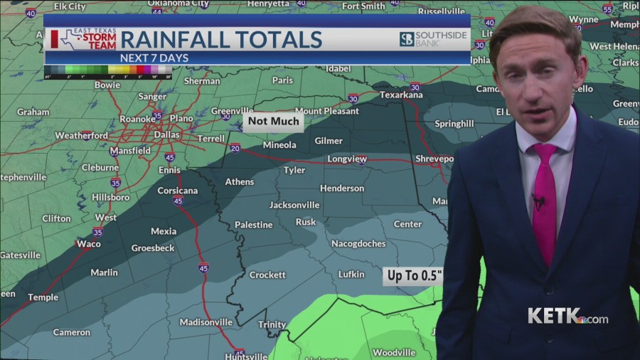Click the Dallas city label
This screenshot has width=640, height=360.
166,134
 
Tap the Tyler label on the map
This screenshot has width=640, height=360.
294,171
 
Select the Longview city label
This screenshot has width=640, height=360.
347,159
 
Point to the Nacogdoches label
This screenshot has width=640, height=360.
358,243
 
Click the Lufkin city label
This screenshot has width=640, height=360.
351,274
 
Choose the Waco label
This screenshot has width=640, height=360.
88,243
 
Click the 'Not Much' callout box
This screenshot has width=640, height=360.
274,122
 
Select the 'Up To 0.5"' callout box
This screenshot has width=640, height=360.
414,275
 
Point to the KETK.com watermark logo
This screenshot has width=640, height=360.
567,316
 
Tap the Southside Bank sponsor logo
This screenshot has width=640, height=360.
433,38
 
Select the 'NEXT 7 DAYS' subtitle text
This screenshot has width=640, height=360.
149,57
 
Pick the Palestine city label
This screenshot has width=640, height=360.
253,225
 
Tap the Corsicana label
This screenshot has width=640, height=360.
177,191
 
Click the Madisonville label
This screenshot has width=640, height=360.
206,322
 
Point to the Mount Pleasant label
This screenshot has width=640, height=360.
326,111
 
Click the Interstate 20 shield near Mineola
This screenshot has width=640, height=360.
235,148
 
